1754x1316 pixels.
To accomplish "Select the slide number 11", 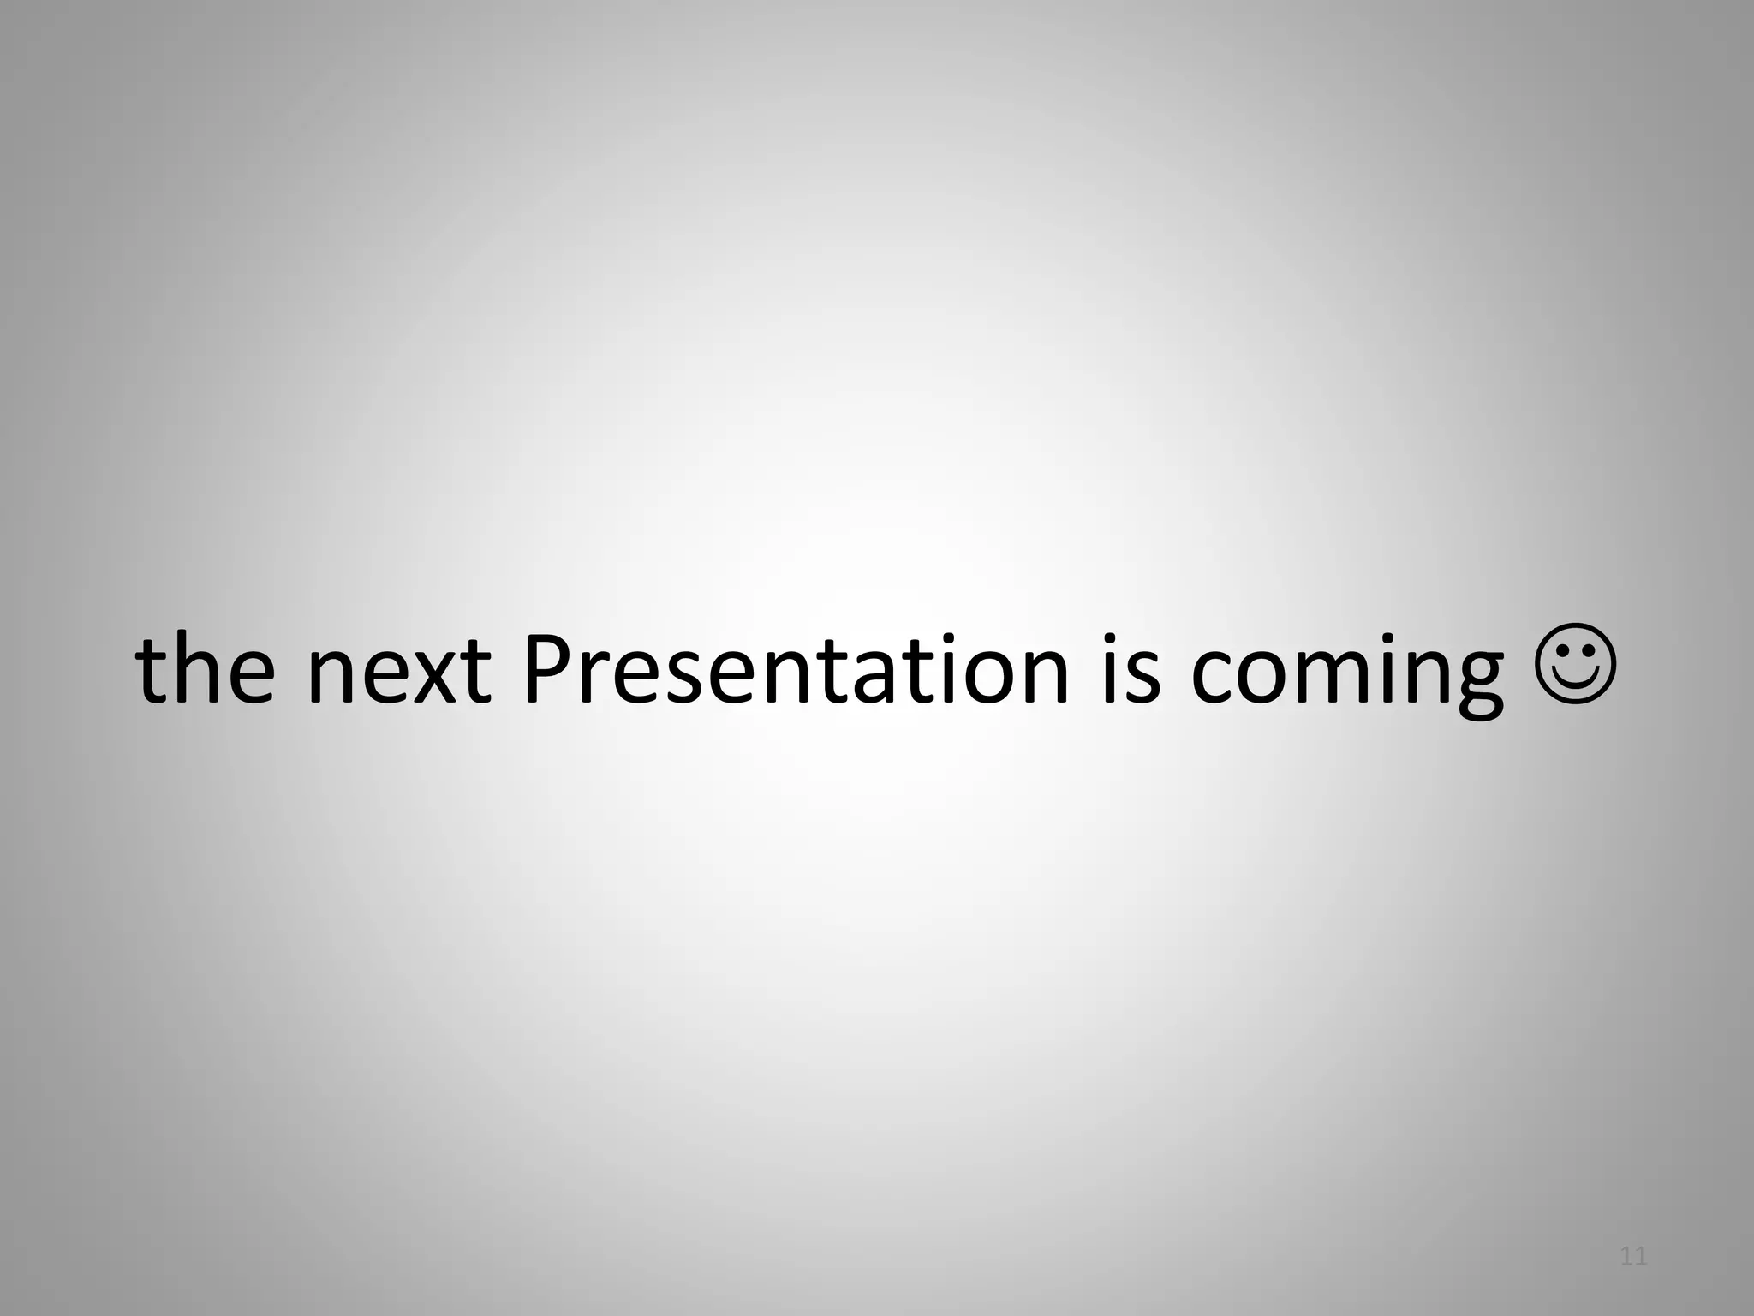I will point(1634,1258).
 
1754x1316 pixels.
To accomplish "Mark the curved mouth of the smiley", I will point(1563,685).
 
